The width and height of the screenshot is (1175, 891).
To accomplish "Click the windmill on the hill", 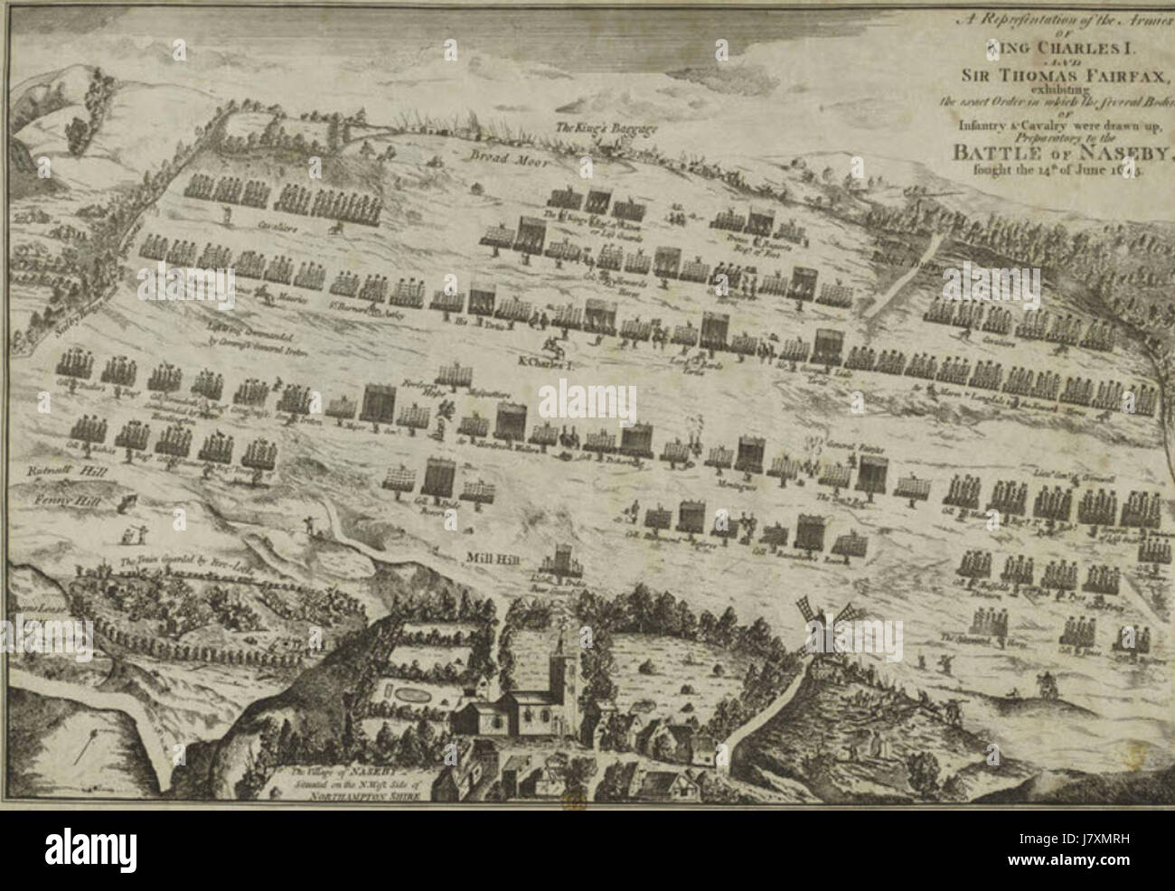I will (x=822, y=624).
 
